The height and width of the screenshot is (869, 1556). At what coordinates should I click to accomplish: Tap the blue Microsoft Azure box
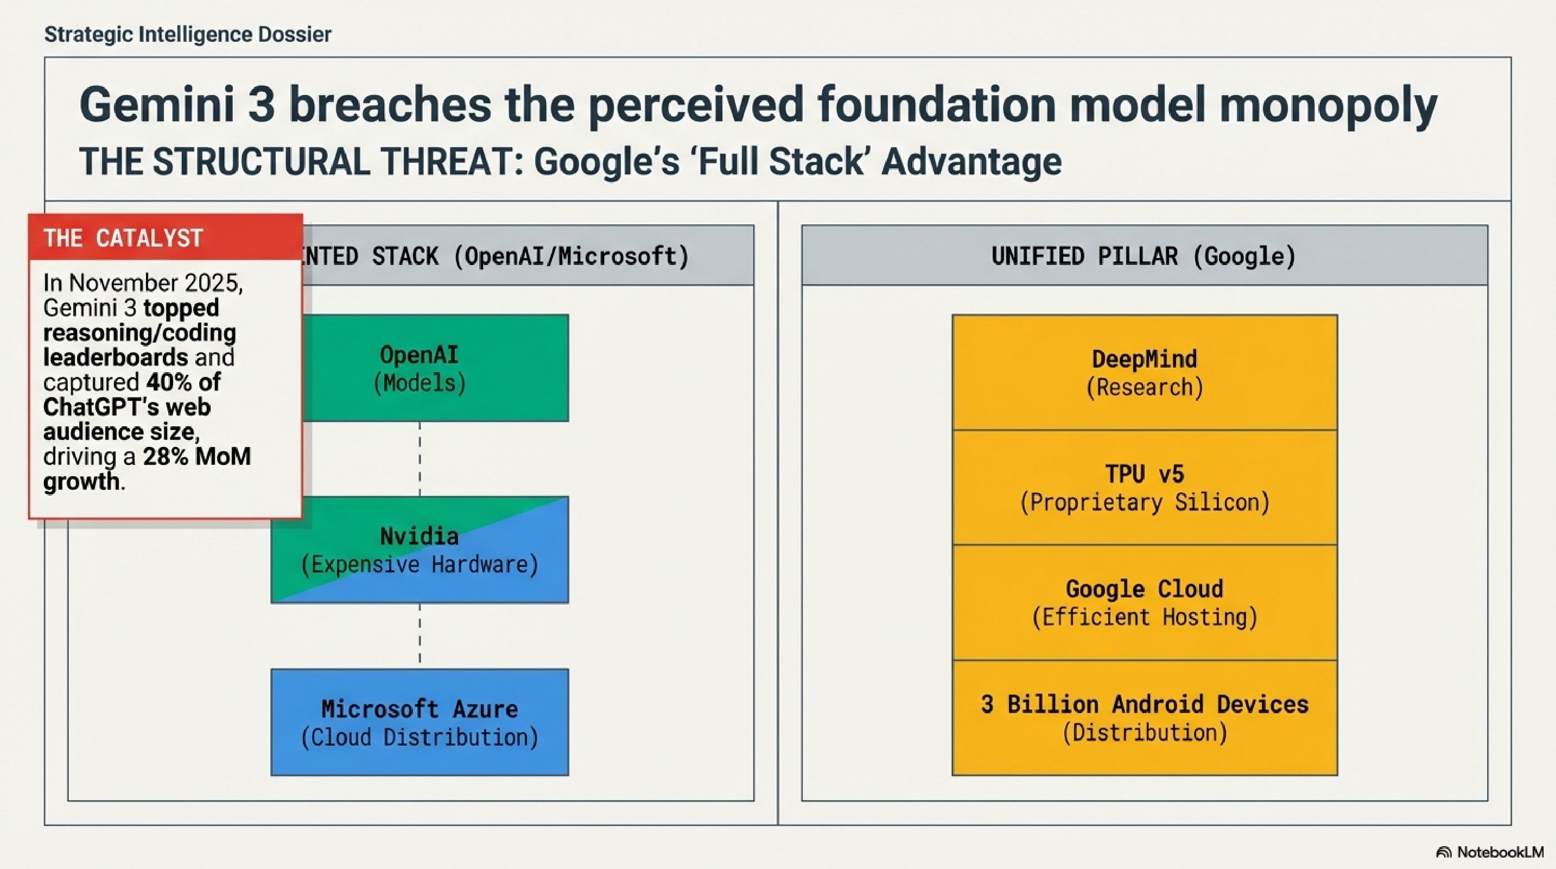[x=420, y=722]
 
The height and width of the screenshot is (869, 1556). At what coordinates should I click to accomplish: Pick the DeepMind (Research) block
[x=1145, y=372]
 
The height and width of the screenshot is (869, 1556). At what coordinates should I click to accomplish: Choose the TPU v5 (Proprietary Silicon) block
[x=1145, y=488]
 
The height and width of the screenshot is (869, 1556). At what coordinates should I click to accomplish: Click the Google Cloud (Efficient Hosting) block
[x=1145, y=602]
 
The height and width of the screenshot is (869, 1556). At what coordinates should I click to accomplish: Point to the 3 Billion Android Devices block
[x=1145, y=718]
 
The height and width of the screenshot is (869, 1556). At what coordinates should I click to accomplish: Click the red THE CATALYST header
[x=166, y=237]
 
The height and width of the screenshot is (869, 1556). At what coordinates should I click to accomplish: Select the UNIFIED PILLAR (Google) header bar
[x=1145, y=255]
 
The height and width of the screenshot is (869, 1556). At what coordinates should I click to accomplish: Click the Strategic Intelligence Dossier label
[x=188, y=34]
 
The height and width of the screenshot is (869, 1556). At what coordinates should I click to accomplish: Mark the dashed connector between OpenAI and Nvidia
[x=420, y=459]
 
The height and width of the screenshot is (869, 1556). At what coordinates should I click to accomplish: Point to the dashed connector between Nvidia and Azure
[x=420, y=636]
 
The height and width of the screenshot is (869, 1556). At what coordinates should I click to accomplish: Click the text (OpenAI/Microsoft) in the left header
[x=571, y=256]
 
